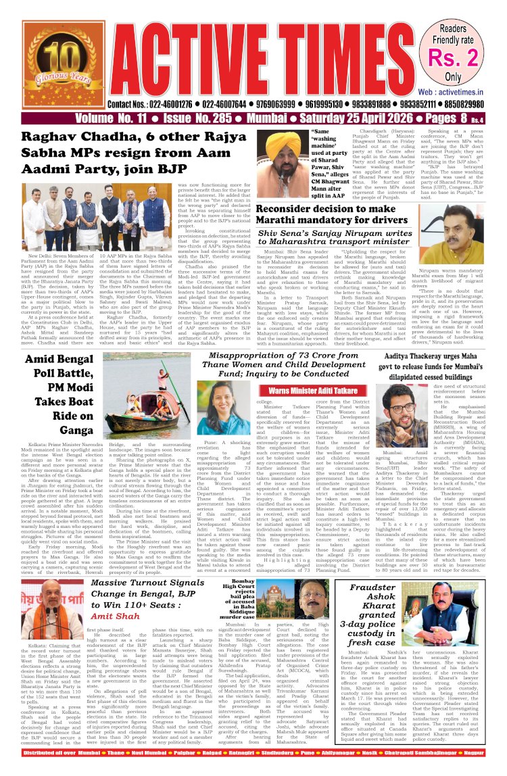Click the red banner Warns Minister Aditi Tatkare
(x=314, y=391)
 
